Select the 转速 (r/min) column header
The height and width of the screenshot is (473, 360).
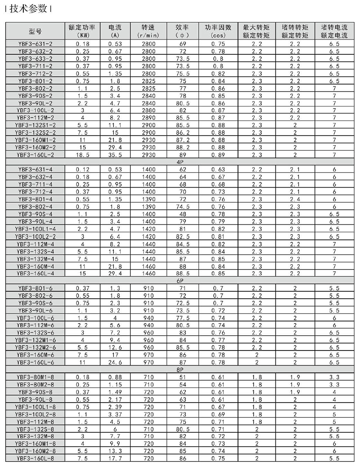[148, 31]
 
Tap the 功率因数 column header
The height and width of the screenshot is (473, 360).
[218, 31]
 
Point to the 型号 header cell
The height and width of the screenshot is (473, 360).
[35, 31]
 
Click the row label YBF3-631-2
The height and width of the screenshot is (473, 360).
[35, 44]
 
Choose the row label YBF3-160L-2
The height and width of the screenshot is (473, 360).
[35, 155]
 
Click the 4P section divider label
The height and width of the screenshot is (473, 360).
[182, 162]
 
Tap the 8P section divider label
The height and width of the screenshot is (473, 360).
[182, 369]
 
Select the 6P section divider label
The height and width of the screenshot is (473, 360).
[182, 280]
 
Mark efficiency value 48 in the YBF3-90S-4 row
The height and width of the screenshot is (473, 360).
[182, 214]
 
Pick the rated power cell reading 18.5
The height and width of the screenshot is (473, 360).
[79, 155]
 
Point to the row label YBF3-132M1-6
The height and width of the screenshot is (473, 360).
[35, 339]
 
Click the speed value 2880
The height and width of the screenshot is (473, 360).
[148, 110]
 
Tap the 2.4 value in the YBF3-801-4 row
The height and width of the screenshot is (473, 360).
[295, 199]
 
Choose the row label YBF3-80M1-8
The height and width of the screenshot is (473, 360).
[35, 377]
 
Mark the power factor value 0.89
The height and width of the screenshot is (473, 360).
[218, 155]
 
